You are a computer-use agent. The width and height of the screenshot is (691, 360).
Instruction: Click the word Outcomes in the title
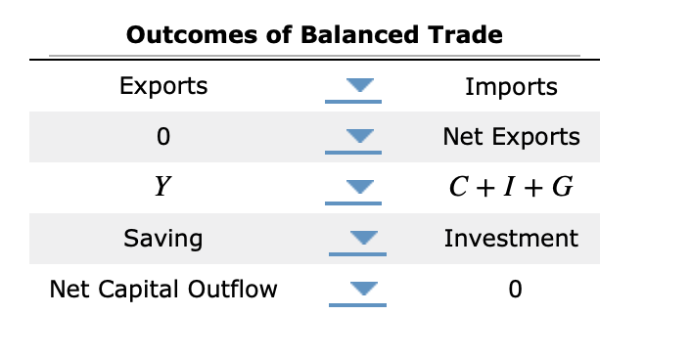184,36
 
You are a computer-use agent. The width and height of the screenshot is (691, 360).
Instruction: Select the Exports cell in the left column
163,86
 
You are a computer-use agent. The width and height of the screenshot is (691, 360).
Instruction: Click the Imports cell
511,87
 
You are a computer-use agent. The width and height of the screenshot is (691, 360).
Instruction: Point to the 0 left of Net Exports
163,137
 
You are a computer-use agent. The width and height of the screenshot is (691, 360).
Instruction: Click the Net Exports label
511,137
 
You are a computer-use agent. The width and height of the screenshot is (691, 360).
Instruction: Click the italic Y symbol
163,188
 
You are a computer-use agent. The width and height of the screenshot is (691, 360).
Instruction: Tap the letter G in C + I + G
562,188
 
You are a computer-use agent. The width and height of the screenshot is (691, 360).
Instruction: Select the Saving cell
163,238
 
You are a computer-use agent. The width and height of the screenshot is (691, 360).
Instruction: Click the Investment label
511,238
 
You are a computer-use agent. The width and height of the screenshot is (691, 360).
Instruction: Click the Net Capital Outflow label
163,290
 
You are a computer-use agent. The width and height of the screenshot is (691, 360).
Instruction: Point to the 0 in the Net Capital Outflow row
511,290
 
